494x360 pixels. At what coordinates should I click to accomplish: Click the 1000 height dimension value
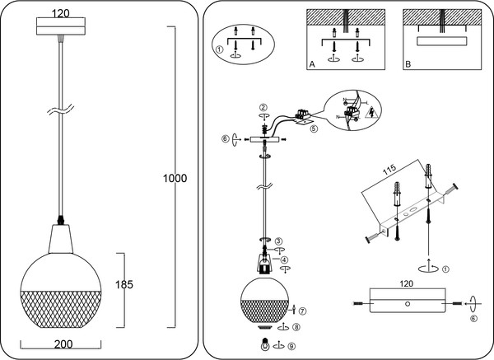[175, 178]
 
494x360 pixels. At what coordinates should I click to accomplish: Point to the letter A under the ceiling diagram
[312, 63]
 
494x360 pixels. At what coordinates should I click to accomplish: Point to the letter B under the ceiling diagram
[408, 63]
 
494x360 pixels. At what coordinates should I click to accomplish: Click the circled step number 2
[263, 107]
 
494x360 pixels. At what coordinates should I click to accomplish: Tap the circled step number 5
[313, 129]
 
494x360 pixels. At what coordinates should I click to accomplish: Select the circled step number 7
[303, 311]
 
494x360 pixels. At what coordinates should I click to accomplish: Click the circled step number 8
[296, 326]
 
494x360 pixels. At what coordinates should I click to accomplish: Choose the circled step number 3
[279, 240]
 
